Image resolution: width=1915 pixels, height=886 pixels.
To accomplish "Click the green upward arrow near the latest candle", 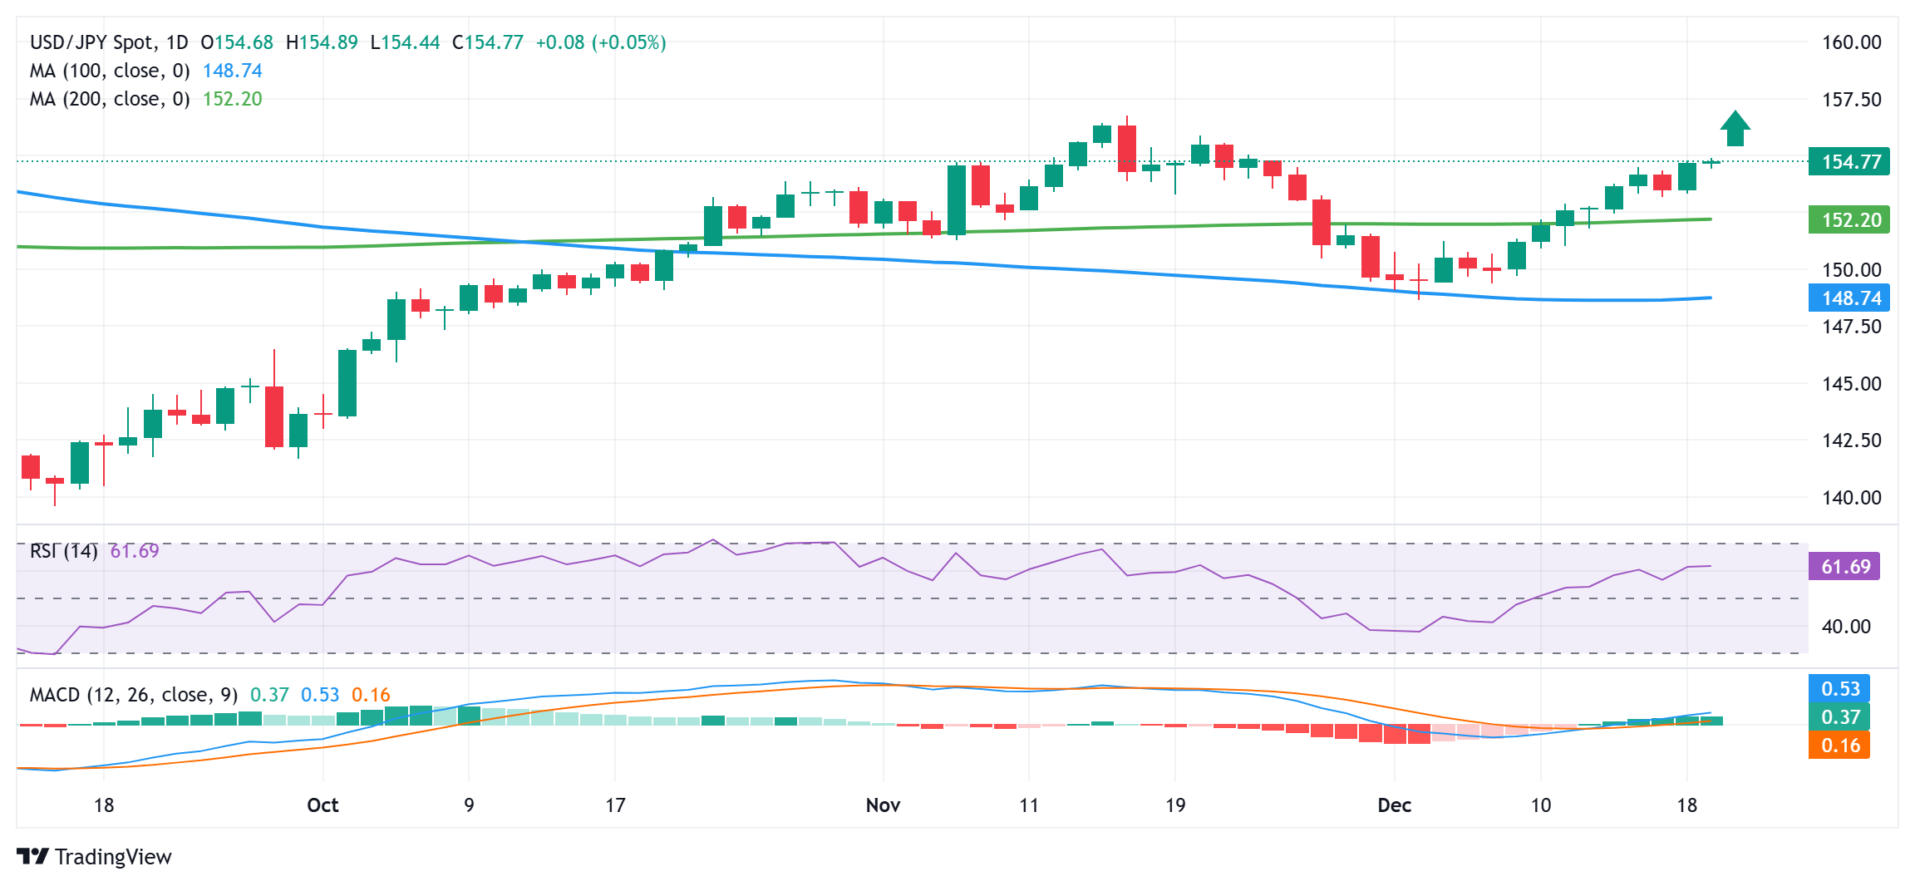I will click(x=1735, y=129).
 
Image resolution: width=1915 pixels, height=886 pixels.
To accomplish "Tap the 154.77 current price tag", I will click(x=1849, y=161).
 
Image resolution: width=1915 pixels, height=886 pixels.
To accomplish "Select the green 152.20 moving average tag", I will click(x=1849, y=219).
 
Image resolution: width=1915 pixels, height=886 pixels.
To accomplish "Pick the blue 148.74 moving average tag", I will click(x=1849, y=298).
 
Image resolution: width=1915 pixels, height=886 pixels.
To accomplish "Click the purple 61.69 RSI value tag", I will click(x=1844, y=567).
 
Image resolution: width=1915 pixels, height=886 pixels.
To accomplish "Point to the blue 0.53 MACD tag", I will click(x=1839, y=688).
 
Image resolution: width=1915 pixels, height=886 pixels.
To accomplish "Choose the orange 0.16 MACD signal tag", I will click(x=1839, y=745).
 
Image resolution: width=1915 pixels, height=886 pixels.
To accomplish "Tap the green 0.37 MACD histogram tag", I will click(x=1839, y=716).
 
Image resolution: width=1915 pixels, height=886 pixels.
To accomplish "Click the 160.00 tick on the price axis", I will click(x=1851, y=42).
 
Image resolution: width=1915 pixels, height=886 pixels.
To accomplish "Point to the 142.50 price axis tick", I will click(x=1851, y=441).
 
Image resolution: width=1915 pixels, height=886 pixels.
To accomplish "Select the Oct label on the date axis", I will click(x=322, y=805).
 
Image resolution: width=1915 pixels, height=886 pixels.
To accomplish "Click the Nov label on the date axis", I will click(x=883, y=805).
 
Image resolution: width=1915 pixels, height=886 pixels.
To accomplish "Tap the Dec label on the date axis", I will click(x=1394, y=805).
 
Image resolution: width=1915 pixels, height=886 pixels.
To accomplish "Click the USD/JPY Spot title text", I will click(x=91, y=42).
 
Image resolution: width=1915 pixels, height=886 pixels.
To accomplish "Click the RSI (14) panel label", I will click(x=63, y=551).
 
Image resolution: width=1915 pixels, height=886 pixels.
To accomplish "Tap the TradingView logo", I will click(x=94, y=856).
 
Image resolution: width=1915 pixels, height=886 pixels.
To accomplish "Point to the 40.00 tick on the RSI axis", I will click(x=1846, y=626).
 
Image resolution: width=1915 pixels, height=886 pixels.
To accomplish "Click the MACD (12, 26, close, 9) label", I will click(x=133, y=694).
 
